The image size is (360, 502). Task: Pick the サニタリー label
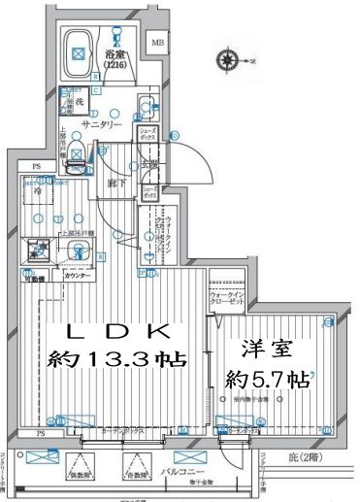pos(100,125)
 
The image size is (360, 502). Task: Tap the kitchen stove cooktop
pos(40,251)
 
